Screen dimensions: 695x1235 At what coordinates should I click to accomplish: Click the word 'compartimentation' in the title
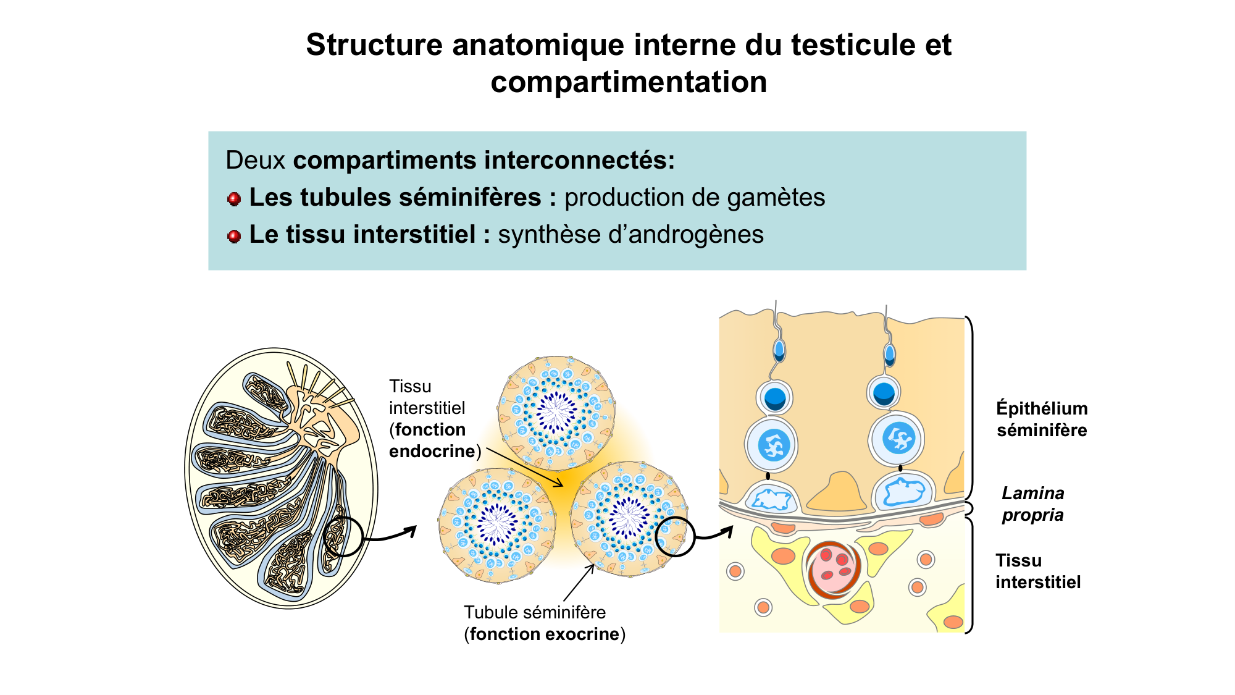point(629,82)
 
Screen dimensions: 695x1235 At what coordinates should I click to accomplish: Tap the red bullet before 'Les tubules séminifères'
point(234,199)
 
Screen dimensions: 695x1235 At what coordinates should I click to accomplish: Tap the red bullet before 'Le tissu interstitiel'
point(234,236)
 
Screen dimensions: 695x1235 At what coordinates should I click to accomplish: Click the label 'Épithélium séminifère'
point(1041,419)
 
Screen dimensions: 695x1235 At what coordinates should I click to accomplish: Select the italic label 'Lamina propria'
point(1032,503)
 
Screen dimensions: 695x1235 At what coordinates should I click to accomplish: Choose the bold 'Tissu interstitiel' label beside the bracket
point(1037,571)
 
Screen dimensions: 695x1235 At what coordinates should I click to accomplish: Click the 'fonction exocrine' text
point(544,634)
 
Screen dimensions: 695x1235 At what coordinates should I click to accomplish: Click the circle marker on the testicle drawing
point(343,536)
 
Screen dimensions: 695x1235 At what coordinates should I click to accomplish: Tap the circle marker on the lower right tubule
point(675,536)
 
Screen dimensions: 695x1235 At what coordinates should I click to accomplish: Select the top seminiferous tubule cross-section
point(556,412)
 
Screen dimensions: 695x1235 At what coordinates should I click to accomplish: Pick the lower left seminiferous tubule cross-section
point(497,525)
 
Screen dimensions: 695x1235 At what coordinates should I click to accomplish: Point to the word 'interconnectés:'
point(580,161)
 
